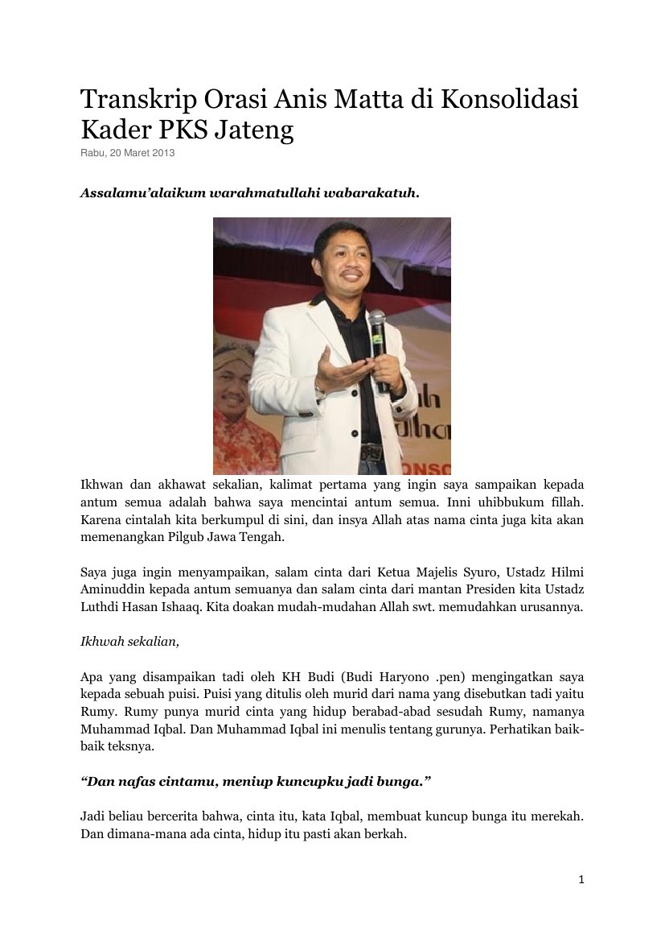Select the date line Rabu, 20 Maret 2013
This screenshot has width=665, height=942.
pos(127,153)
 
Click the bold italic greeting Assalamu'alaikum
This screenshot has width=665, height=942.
pos(143,194)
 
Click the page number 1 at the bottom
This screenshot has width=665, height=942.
pos(581,879)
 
